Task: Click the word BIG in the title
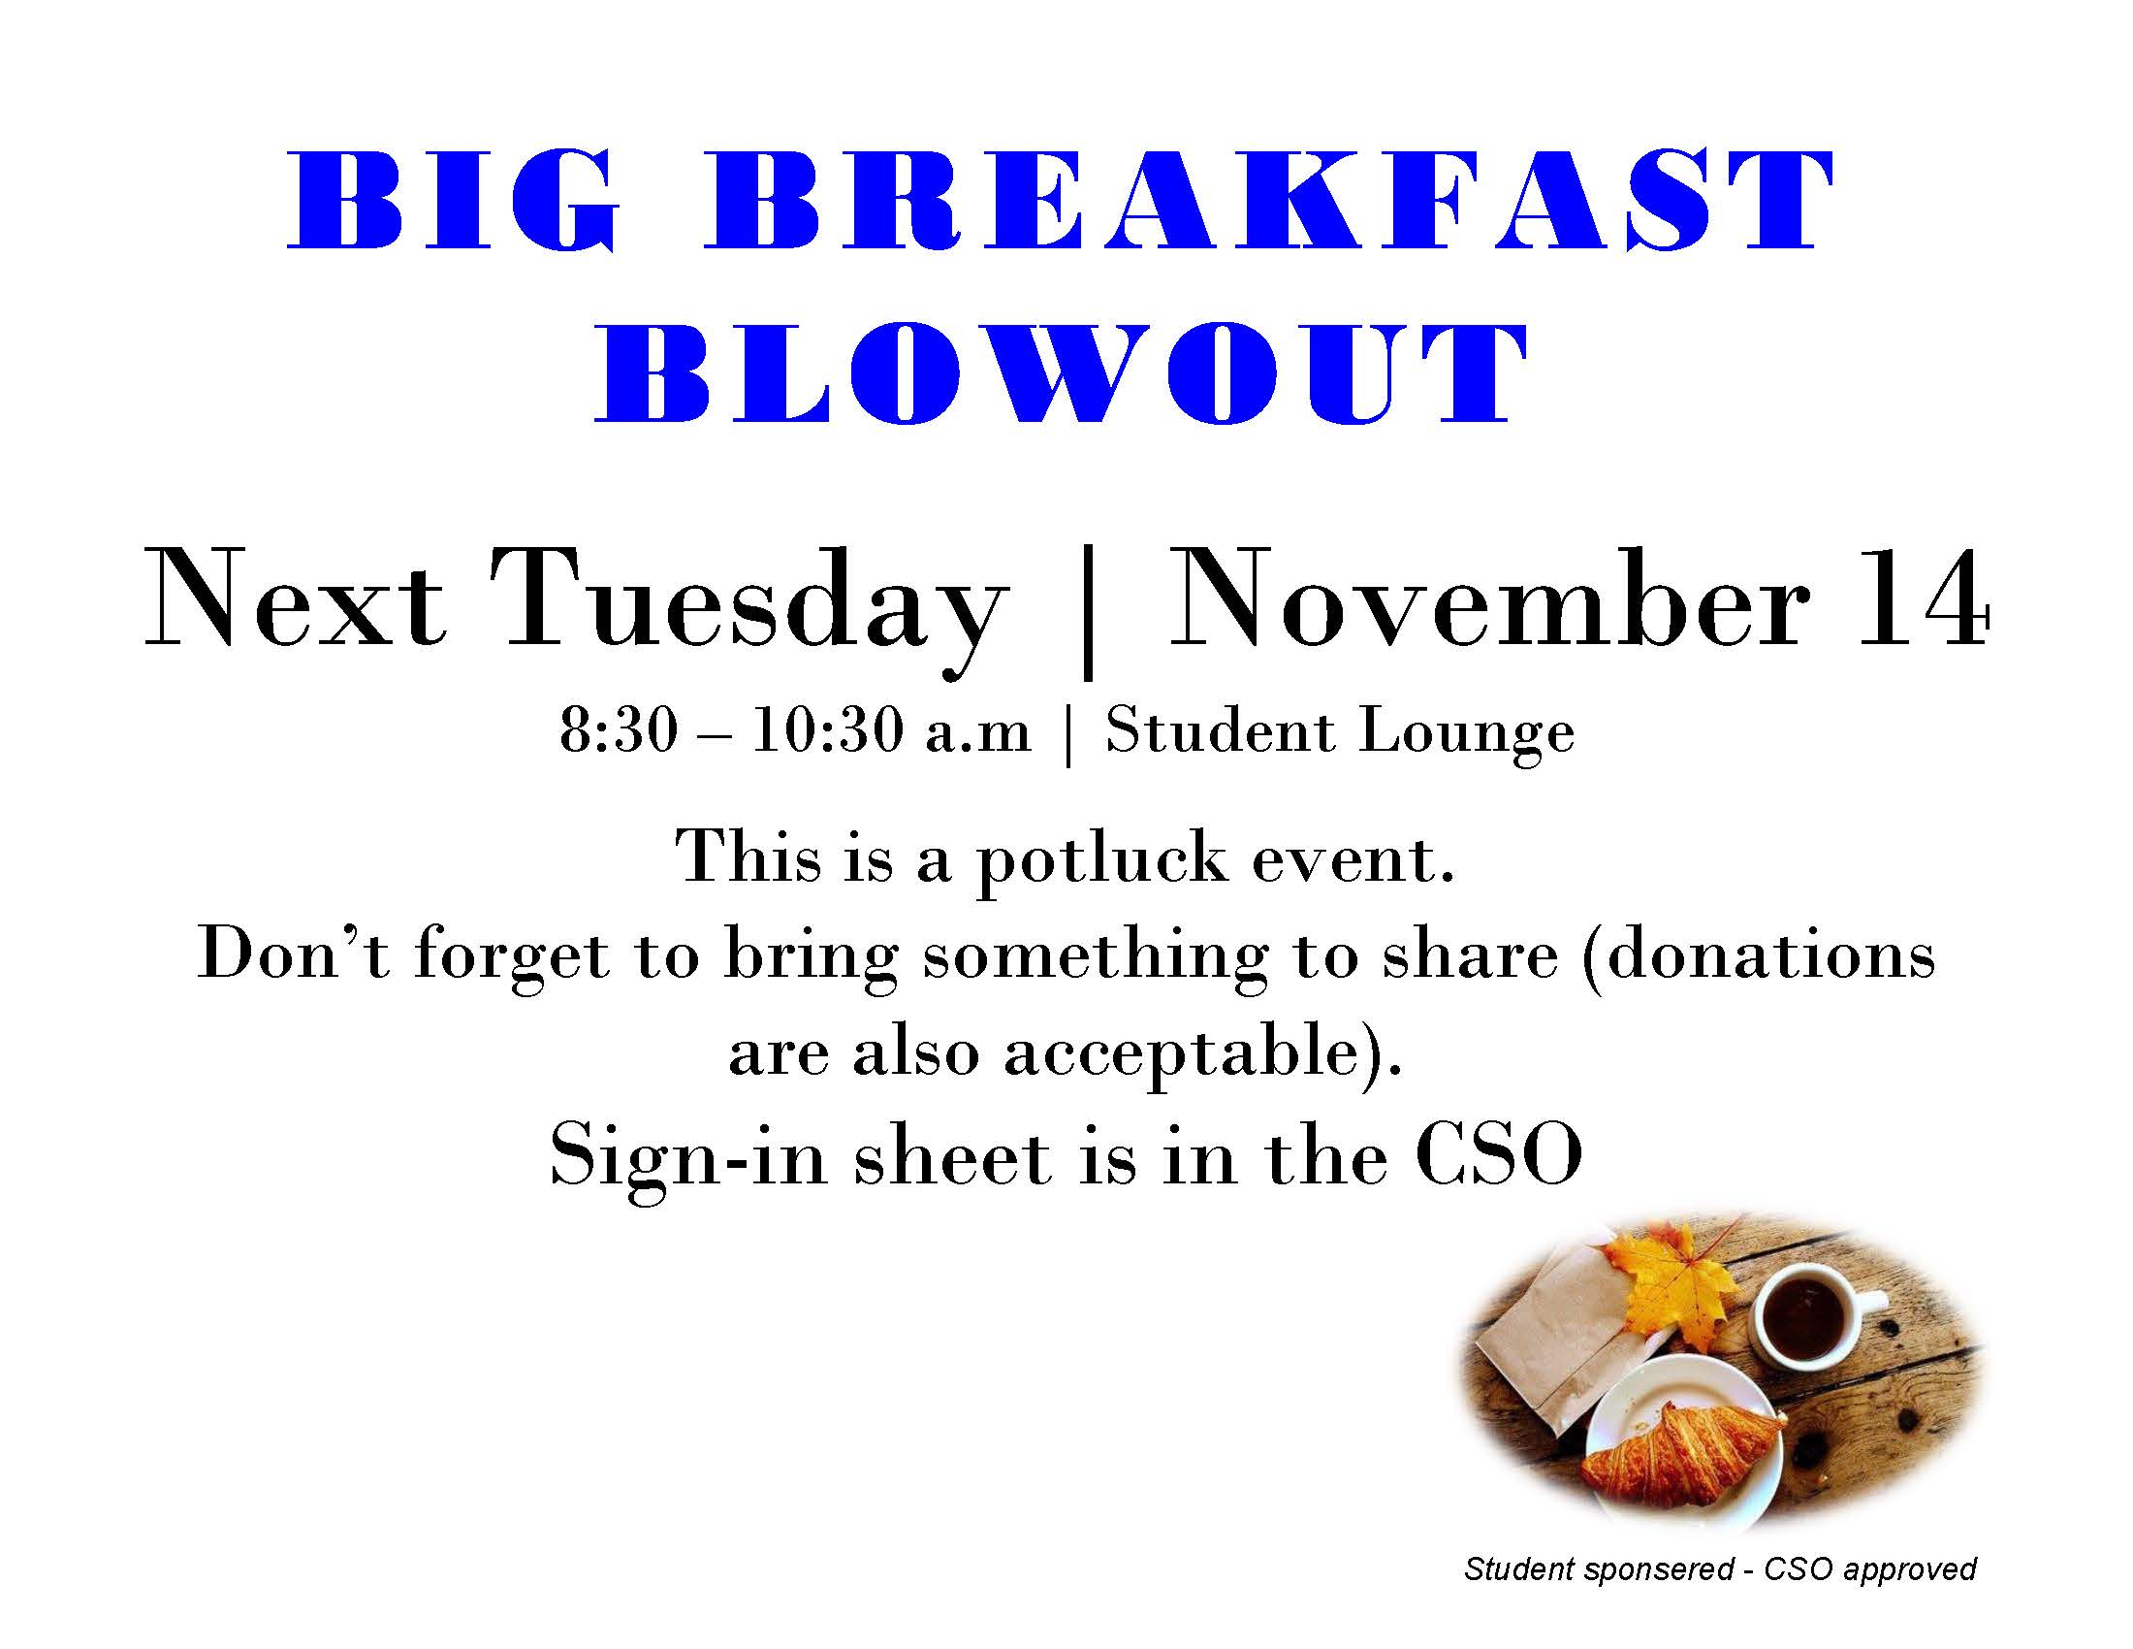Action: pos(455,201)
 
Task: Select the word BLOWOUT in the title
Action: pos(1062,376)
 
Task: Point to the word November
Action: pos(1486,598)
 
